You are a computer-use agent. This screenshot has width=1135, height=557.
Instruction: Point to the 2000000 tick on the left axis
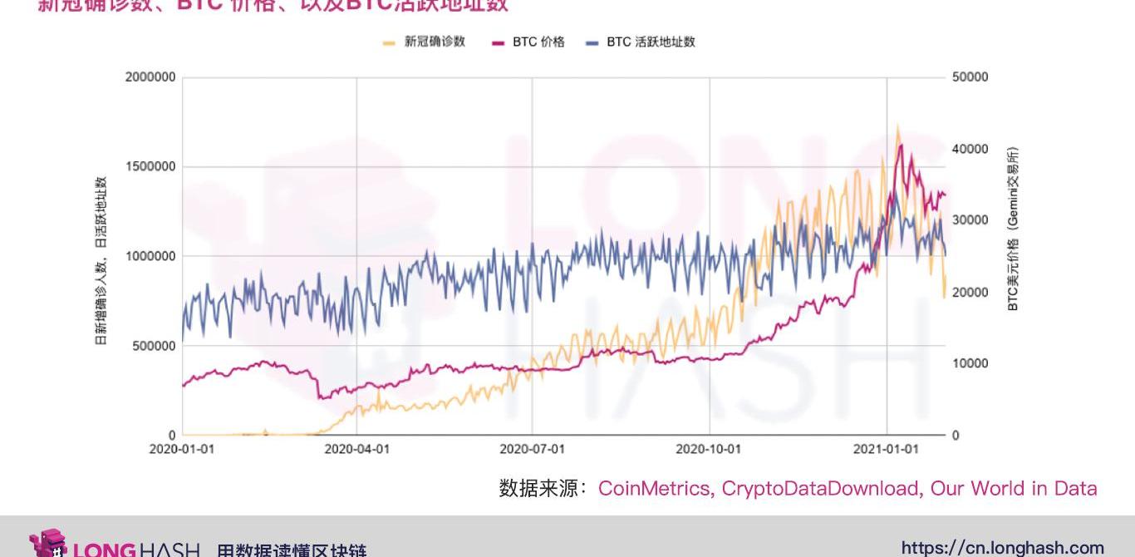tap(150, 77)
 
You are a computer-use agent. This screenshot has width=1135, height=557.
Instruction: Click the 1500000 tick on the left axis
tap(150, 166)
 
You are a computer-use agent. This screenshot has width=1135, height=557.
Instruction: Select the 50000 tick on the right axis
tap(971, 77)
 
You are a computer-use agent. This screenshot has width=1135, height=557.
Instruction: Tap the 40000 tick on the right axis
tap(971, 149)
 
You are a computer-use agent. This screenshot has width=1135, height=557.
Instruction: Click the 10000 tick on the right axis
tap(971, 363)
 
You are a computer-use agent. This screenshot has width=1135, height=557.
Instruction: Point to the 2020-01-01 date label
tap(182, 449)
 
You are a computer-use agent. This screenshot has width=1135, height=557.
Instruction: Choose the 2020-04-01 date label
tap(357, 449)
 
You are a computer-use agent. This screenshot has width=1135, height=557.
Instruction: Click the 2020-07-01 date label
tap(533, 449)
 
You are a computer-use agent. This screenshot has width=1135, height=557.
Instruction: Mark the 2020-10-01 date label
tap(709, 449)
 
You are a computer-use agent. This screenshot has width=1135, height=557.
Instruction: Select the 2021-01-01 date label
tap(887, 449)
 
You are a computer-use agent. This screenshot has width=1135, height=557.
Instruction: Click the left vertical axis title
tap(101, 260)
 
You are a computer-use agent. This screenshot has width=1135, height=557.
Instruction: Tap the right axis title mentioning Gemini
tap(1013, 229)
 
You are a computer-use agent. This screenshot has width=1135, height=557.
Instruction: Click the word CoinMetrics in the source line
tap(656, 488)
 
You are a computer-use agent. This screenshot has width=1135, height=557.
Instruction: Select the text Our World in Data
tap(1014, 488)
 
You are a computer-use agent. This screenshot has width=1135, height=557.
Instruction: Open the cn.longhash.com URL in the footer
tap(1002, 547)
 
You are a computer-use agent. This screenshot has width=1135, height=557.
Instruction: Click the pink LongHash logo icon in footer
tap(48, 544)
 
